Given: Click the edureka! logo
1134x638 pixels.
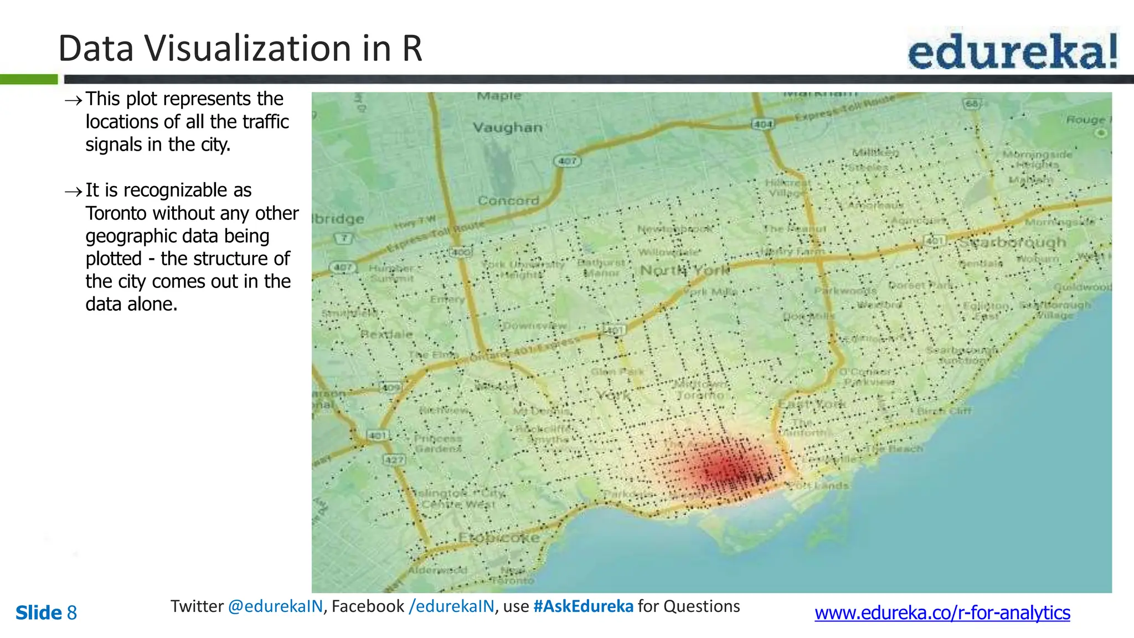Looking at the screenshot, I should pyautogui.click(x=1012, y=51).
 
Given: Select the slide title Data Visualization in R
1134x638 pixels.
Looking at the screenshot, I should pyautogui.click(x=240, y=49).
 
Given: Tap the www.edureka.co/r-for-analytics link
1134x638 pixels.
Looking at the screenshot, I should pyautogui.click(x=942, y=613).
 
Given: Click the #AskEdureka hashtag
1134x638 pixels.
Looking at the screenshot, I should pyautogui.click(x=583, y=606).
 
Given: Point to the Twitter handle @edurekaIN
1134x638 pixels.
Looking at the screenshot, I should pyautogui.click(x=275, y=606).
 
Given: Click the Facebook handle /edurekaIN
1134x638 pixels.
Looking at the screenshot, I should pyautogui.click(x=451, y=606).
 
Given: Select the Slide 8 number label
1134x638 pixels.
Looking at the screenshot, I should pyautogui.click(x=46, y=613).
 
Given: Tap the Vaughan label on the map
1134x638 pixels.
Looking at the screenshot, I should pyautogui.click(x=507, y=128).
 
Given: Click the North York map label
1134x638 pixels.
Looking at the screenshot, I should pyautogui.click(x=684, y=270).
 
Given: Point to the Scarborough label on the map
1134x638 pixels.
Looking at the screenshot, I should pyautogui.click(x=1012, y=243).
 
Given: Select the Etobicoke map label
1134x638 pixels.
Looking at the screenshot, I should pyautogui.click(x=498, y=537).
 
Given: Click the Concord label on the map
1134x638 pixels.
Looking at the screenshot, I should pyautogui.click(x=508, y=200).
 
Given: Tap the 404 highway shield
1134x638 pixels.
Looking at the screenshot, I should pyautogui.click(x=762, y=124).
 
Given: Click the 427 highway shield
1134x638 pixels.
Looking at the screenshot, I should pyautogui.click(x=394, y=460).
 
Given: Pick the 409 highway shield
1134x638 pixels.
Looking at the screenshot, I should pyautogui.click(x=391, y=387).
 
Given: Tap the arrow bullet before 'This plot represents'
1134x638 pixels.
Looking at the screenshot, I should pyautogui.click(x=73, y=100).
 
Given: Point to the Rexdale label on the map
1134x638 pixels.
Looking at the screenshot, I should pyautogui.click(x=386, y=335).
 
